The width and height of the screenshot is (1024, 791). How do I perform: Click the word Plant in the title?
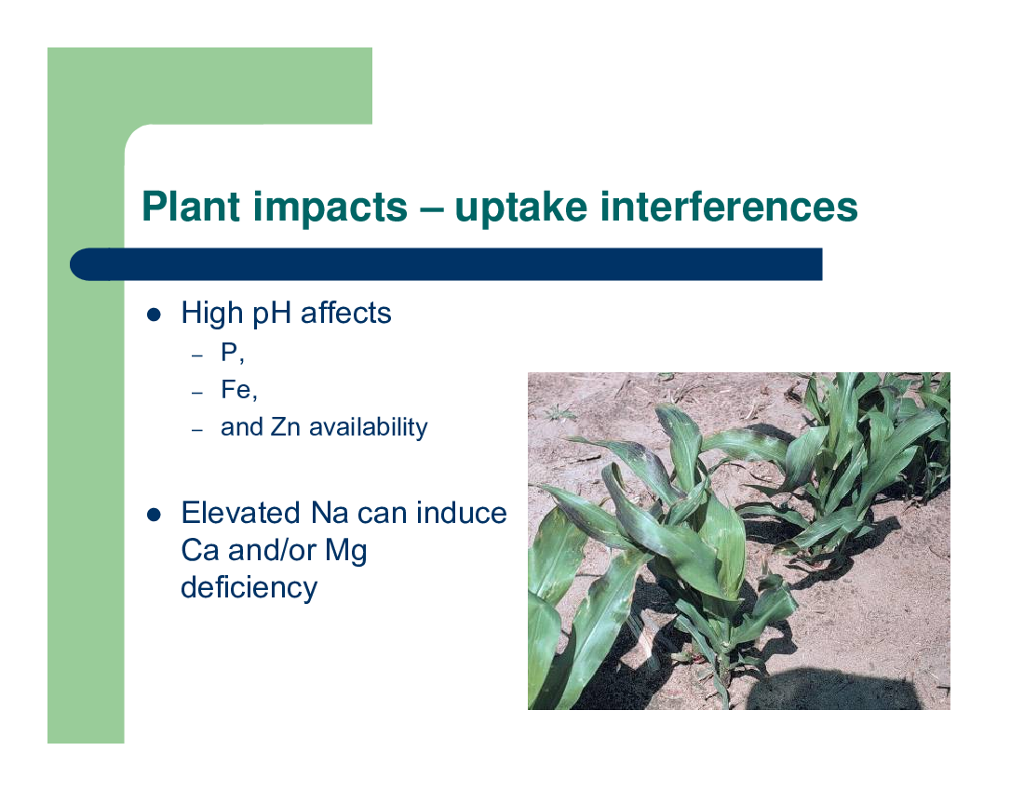(x=191, y=207)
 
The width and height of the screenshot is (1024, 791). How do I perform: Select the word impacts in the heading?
(x=330, y=208)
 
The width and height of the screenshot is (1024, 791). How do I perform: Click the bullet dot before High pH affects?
(x=155, y=315)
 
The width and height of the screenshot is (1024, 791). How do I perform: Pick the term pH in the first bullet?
(x=271, y=314)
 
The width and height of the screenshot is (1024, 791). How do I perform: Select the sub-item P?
(x=233, y=353)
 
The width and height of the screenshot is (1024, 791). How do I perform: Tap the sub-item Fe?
(x=239, y=390)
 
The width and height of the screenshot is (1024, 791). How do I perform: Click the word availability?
(x=369, y=428)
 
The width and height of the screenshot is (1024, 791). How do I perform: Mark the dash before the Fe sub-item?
(x=198, y=393)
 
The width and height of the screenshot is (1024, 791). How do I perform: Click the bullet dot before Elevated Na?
(x=155, y=515)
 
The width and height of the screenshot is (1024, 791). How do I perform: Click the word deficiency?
(x=249, y=588)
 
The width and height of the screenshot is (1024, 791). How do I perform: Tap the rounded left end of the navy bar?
(x=82, y=264)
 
